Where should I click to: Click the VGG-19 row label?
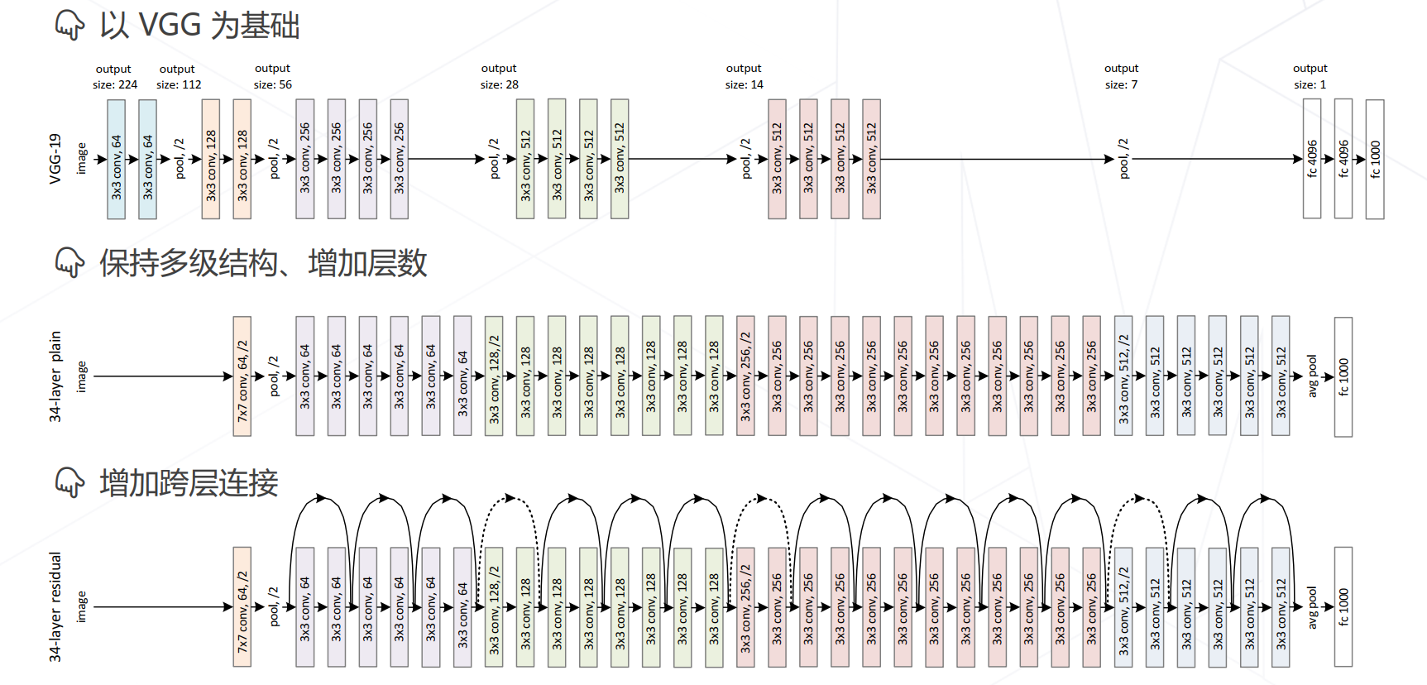[55, 159]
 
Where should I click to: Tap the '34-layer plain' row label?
[55, 376]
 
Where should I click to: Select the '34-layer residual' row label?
[55, 606]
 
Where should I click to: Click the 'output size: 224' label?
[115, 76]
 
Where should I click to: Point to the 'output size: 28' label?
[500, 76]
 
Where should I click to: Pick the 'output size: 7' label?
[1121, 76]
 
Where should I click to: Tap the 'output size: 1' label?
[1310, 76]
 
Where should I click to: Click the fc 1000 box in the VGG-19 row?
[1375, 160]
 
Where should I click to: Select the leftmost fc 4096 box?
[1312, 159]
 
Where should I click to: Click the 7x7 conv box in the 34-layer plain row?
[242, 376]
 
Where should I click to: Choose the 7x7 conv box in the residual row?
[242, 606]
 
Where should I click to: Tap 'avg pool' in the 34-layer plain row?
[1312, 376]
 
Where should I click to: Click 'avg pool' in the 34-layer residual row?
[1312, 606]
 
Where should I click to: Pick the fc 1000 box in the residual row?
[1343, 606]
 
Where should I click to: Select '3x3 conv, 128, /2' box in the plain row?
[494, 376]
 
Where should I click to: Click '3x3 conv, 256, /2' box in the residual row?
[745, 606]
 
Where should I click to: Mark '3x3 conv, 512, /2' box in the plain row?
[1123, 376]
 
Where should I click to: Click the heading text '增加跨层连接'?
[189, 483]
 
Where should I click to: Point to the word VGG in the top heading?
[170, 26]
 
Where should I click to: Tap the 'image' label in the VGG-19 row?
[81, 159]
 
